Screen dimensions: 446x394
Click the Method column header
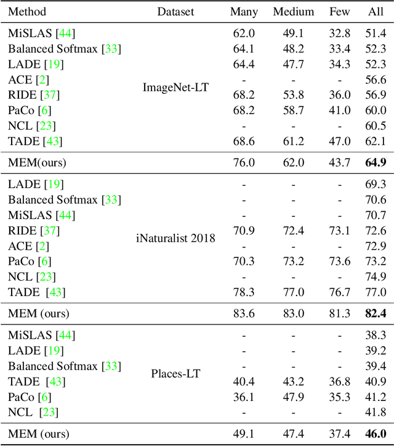coord(27,12)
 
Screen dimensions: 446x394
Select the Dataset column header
coord(175,12)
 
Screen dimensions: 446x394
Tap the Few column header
coord(339,12)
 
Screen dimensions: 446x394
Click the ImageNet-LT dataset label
coord(175,87)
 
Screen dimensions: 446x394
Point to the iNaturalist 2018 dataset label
coord(175,237)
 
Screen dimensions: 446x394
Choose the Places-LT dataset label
coord(175,373)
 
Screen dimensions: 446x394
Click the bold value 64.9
coord(375,163)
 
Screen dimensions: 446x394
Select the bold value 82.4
coord(375,313)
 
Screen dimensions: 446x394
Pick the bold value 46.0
coord(375,434)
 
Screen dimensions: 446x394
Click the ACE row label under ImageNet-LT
coord(20,79)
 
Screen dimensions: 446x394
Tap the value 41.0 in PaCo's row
coord(339,110)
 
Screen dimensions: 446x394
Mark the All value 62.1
coord(375,141)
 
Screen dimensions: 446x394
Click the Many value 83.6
coord(244,313)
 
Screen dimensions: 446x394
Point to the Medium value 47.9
coord(293,396)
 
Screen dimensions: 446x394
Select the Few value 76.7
coord(339,292)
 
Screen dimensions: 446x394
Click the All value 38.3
coord(375,335)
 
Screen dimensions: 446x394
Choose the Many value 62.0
coord(244,33)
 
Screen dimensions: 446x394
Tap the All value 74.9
coord(375,276)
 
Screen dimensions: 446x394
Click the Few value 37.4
coord(339,434)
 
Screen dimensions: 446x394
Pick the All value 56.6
coord(375,79)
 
